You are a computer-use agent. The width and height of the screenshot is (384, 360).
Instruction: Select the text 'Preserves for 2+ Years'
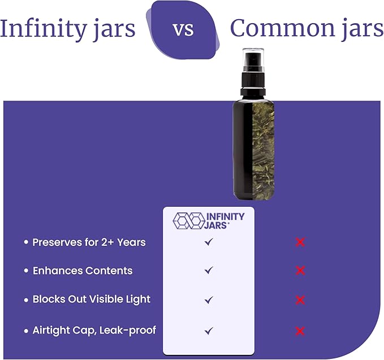89,242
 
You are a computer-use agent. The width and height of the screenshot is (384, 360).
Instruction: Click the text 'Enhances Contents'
82,271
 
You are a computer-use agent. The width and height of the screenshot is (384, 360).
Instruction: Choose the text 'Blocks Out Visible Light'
91,300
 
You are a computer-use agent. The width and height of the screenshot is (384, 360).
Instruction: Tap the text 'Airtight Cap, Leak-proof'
94,330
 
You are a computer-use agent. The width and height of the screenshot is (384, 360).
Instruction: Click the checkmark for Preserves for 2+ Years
209,242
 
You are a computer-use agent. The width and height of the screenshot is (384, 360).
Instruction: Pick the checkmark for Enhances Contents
209,271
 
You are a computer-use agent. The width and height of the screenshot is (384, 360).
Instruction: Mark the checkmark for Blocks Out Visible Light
209,300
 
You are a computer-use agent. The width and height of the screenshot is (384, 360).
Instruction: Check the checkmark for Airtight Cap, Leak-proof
209,330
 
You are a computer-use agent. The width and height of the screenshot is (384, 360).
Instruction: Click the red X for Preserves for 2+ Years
300,242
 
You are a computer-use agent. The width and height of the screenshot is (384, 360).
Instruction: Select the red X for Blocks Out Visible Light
300,300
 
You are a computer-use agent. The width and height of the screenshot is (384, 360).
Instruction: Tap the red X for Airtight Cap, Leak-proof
300,331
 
